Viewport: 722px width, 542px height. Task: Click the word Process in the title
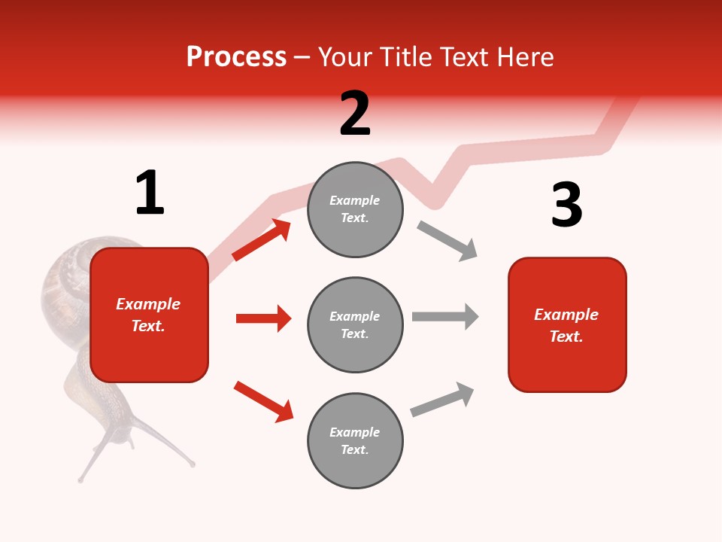point(236,57)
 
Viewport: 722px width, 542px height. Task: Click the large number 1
point(150,193)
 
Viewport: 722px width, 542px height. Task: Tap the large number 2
point(355,114)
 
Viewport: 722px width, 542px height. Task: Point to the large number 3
point(566,206)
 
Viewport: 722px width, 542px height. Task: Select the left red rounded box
point(149,315)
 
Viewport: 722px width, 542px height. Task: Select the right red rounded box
point(567,324)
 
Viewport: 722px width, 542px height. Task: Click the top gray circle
point(355,209)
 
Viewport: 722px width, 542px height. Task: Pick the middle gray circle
point(355,324)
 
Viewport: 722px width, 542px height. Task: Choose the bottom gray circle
point(355,440)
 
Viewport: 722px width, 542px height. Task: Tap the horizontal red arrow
point(263,318)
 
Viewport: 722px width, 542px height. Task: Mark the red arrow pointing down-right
point(263,401)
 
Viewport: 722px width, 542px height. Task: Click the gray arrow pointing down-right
point(447,241)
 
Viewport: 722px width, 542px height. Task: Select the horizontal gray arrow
point(445,316)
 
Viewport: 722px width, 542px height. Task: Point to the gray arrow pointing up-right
point(442,400)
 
